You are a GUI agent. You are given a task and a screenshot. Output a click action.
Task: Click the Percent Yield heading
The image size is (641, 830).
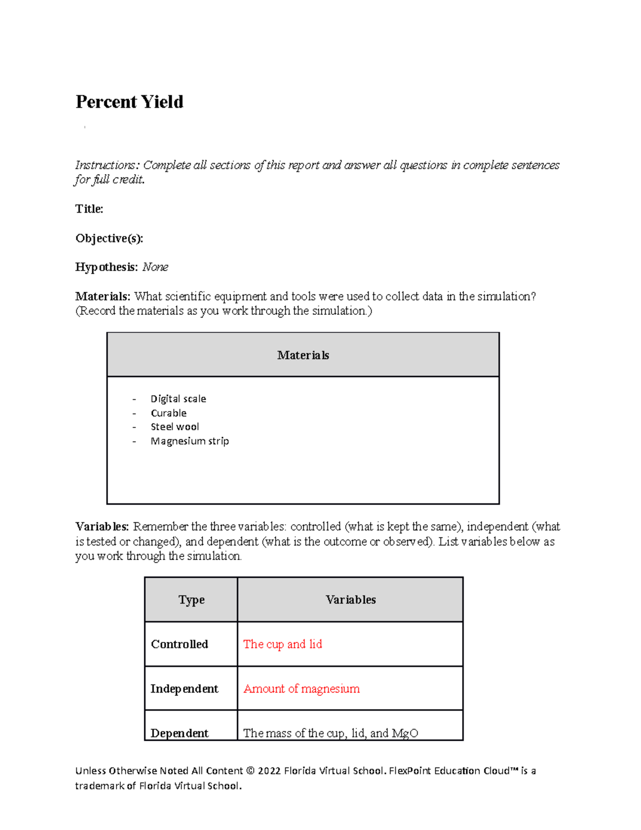[129, 102]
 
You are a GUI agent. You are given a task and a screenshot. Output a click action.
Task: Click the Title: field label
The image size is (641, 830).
[89, 209]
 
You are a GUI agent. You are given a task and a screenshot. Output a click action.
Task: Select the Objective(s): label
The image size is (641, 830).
[109, 238]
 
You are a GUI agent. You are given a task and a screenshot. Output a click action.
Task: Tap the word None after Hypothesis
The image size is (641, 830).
[155, 267]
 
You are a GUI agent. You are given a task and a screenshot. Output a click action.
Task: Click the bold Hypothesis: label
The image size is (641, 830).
[107, 267]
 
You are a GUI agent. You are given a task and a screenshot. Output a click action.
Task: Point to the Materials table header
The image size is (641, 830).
[303, 355]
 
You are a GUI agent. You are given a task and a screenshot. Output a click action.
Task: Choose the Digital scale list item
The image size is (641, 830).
[178, 399]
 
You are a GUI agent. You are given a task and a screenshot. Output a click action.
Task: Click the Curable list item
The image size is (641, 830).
[168, 413]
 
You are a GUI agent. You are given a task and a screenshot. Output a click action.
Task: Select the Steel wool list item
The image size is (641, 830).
[175, 427]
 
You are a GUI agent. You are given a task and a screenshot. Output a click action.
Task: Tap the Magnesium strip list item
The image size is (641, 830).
[190, 441]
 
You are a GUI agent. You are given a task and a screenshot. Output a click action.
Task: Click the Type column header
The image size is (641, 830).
[191, 600]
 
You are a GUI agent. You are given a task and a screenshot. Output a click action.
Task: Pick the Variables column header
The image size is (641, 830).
[350, 600]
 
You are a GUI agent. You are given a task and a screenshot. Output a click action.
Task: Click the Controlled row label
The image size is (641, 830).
[179, 644]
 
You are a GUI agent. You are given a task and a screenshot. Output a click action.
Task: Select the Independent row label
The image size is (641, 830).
[184, 689]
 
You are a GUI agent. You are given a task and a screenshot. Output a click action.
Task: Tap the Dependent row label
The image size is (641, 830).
[179, 733]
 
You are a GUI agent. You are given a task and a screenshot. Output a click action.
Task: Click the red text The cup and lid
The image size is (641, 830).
[283, 644]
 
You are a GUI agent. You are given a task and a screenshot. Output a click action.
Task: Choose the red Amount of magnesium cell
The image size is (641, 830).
[301, 689]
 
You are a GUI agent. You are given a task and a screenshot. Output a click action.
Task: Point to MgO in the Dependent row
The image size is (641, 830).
[405, 733]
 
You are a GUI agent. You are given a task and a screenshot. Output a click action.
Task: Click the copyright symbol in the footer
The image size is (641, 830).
[251, 771]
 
